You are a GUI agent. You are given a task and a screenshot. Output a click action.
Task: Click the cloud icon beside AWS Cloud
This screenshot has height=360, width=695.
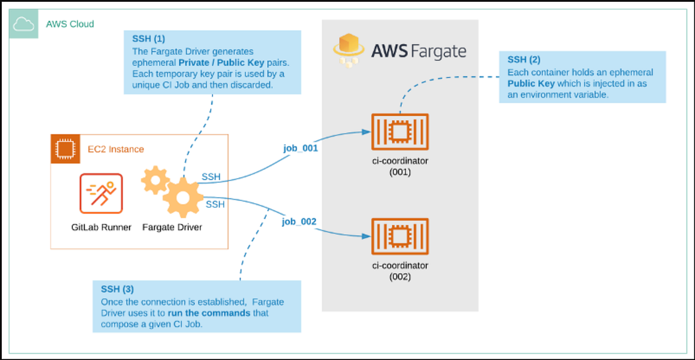click(x=24, y=24)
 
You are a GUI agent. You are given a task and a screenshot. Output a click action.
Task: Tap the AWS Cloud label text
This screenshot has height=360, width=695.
click(x=69, y=24)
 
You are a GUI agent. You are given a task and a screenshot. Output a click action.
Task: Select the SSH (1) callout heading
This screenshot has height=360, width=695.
click(x=149, y=39)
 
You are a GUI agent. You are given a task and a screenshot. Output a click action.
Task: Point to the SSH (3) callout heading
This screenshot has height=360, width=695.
click(x=118, y=289)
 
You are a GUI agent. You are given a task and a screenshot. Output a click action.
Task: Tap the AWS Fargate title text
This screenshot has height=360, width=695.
click(x=419, y=51)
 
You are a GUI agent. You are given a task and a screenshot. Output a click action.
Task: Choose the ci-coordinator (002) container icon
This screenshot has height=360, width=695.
click(x=400, y=237)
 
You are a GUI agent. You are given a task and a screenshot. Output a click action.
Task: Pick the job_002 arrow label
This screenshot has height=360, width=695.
click(x=299, y=222)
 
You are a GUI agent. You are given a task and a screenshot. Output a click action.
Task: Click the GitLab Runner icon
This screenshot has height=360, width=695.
click(x=101, y=194)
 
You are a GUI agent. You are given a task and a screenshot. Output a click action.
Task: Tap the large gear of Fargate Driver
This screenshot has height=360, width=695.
click(x=183, y=198)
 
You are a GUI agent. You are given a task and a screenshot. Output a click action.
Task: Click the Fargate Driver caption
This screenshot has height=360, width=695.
click(x=172, y=227)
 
